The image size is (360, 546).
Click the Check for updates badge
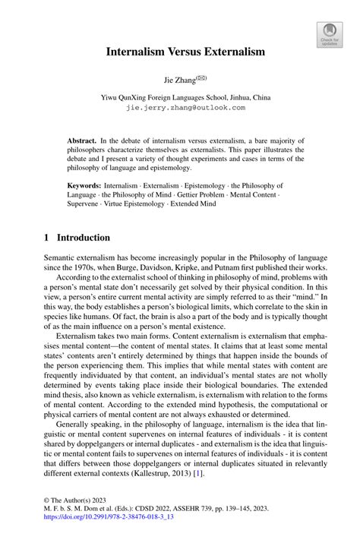tap(330, 33)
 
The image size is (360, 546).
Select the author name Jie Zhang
tap(178, 79)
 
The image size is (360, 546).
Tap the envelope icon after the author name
tap(201, 77)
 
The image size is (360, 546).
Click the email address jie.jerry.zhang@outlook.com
tap(185, 108)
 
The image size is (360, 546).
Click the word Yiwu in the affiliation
tap(112, 98)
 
